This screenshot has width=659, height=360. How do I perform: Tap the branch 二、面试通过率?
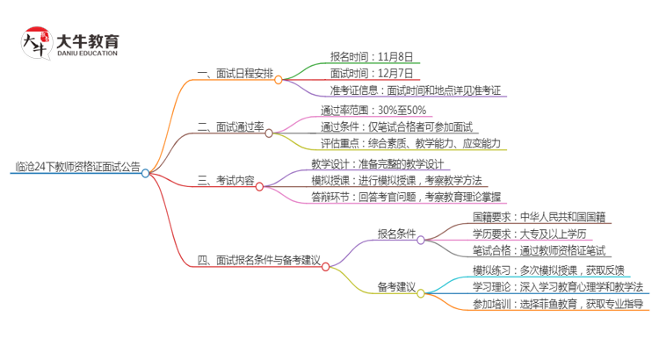tap(230, 127)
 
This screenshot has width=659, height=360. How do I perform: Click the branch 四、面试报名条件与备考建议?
tap(258, 261)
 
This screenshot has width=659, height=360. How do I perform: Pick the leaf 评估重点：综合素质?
tap(411, 143)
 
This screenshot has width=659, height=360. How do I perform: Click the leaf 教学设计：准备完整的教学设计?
tap(380, 163)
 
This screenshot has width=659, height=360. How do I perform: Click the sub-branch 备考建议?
tap(396, 287)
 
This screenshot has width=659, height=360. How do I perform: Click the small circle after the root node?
tap(146, 173)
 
